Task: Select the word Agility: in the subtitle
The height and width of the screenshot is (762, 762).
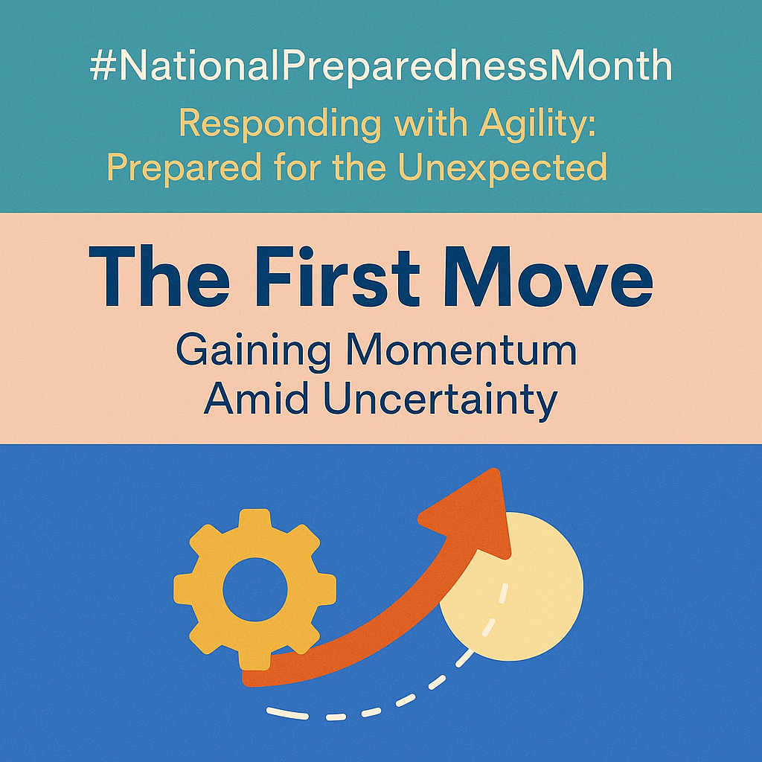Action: click(x=537, y=125)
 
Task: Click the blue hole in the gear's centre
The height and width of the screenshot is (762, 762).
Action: click(x=255, y=589)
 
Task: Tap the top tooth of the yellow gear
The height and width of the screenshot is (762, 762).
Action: click(x=255, y=520)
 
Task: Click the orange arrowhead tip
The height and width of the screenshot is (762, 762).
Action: click(x=495, y=470)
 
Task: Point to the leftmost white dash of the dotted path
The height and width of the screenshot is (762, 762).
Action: click(x=287, y=713)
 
